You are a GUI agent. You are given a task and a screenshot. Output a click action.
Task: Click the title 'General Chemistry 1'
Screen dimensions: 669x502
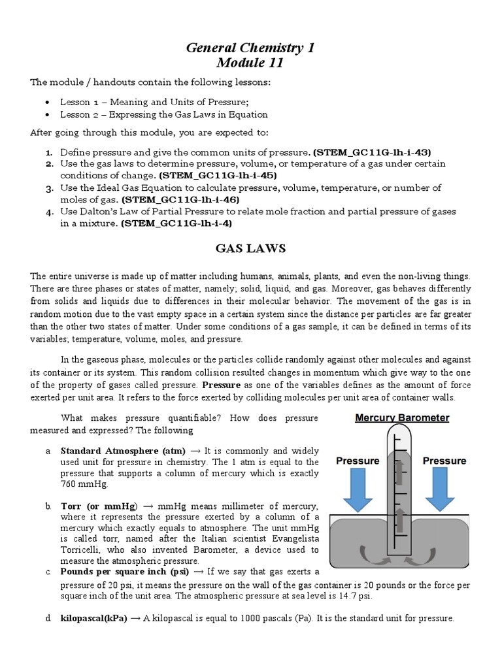click(250, 48)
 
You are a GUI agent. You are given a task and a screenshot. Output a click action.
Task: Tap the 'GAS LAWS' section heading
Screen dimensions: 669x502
click(250, 248)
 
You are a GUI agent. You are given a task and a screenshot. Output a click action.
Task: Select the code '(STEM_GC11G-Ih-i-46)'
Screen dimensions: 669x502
click(180, 199)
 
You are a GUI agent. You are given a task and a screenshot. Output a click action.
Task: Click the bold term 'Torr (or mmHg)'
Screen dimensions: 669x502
click(99, 506)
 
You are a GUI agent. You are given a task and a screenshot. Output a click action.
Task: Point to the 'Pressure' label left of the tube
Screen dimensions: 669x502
click(358, 461)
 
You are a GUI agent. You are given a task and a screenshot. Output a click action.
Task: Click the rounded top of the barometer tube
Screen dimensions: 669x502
click(401, 432)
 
